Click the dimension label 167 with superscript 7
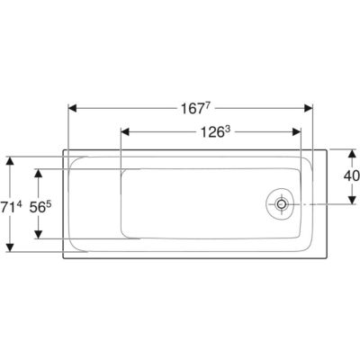(194, 108)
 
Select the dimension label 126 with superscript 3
(215, 132)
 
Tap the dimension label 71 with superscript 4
(12, 207)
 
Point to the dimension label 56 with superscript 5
(40, 207)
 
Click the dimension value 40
(352, 176)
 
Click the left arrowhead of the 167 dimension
(73, 108)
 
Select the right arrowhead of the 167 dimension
(309, 108)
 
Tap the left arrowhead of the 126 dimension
(125, 132)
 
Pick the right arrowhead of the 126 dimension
(297, 132)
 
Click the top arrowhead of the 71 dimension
(11, 160)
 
